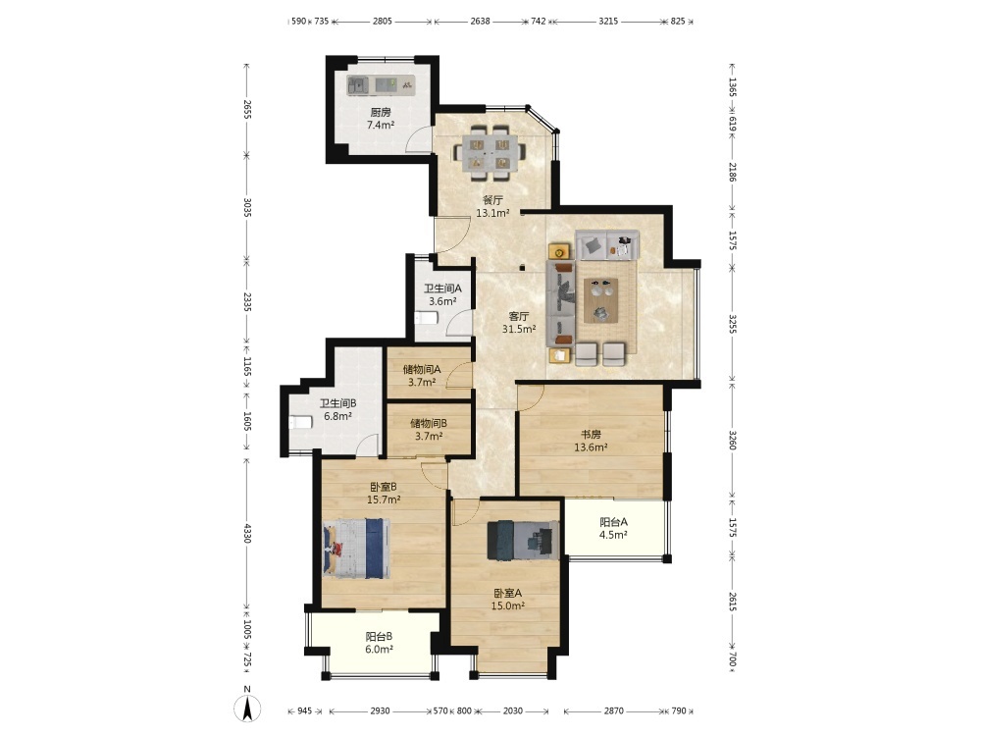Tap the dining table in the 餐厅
[x=490, y=151]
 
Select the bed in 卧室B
[x=357, y=549]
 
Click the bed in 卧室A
[x=524, y=541]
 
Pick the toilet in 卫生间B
[x=301, y=422]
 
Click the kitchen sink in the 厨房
[x=358, y=85]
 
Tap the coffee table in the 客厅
[x=600, y=300]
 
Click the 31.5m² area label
[x=519, y=329]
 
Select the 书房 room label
[x=591, y=434]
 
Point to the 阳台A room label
[x=613, y=522]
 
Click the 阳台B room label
[x=379, y=637]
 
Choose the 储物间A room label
[x=422, y=369]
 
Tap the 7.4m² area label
[x=381, y=126]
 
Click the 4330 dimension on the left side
[x=247, y=533]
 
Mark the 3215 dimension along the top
[x=608, y=21]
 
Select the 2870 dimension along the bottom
[x=614, y=710]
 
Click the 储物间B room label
[x=429, y=424]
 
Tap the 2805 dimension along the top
[x=383, y=21]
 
